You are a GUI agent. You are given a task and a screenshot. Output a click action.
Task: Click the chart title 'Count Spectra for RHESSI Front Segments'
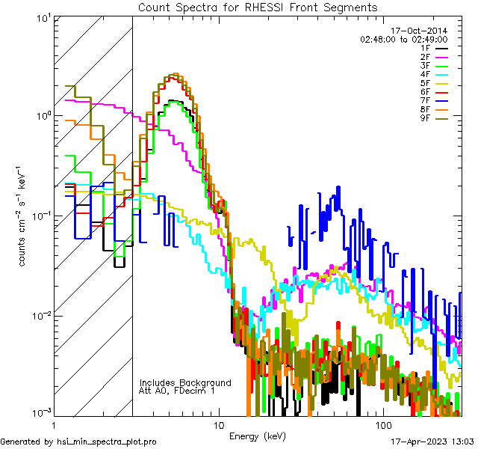tap(258, 7)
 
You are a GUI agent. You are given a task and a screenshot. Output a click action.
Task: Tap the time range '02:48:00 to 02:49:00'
tap(403, 39)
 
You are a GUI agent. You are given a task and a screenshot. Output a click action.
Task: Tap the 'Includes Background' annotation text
tap(185, 382)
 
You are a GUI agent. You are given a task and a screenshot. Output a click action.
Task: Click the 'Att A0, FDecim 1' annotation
tap(177, 391)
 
